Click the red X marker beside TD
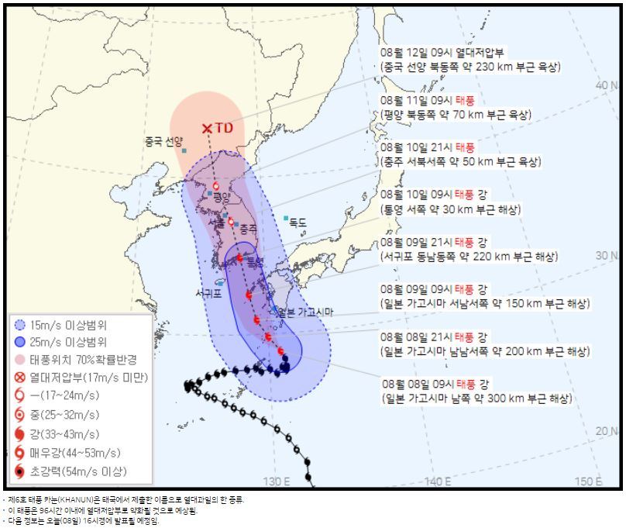click(x=207, y=129)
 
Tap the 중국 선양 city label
click(x=163, y=142)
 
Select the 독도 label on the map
click(x=298, y=223)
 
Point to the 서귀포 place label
click(x=209, y=294)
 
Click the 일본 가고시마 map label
click(x=304, y=312)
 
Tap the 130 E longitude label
click(x=275, y=481)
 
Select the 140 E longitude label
click(x=438, y=481)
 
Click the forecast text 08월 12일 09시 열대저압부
click(x=443, y=53)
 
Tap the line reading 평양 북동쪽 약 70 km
click(x=456, y=115)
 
